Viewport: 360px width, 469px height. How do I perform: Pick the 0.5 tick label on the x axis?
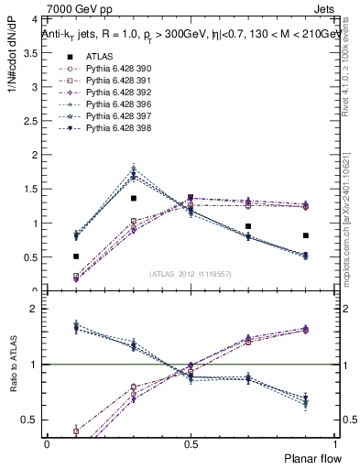coord(191,443)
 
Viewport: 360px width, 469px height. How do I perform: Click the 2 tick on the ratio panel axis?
coord(33,310)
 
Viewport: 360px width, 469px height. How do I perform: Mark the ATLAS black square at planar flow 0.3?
coord(134,198)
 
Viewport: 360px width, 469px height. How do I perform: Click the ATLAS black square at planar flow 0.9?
coord(305,235)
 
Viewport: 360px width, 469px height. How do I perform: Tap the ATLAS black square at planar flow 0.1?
coord(76,256)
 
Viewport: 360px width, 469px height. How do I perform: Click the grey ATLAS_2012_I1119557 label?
coord(191,274)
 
